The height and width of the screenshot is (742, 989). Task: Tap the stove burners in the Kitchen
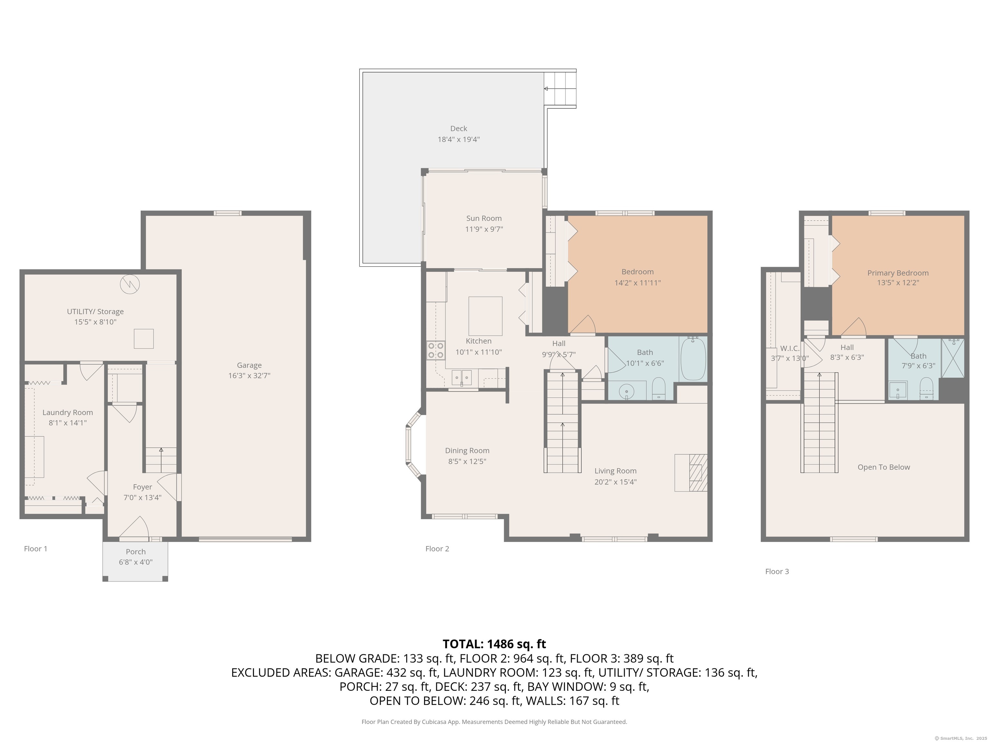coord(436,350)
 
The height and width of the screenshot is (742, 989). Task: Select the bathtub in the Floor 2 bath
coord(693,359)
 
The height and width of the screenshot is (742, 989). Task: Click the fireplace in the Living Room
coord(691,473)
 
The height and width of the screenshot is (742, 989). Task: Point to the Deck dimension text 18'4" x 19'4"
coord(458,139)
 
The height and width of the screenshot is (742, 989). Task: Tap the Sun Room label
coord(484,218)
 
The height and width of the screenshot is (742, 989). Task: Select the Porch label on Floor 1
coord(136,551)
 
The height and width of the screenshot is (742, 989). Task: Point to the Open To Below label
coord(883,467)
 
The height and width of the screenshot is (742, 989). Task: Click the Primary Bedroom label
coord(898,273)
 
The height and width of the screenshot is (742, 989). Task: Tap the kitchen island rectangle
coord(485,316)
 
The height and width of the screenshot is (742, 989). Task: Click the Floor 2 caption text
coord(437,549)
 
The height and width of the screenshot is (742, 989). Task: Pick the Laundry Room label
coord(68,412)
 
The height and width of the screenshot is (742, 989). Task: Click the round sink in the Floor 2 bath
coord(626,392)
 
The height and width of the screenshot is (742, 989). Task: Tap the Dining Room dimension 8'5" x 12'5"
coord(467,461)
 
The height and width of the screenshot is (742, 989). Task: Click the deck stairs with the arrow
coord(560,89)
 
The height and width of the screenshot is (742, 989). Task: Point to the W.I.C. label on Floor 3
coord(790,348)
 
